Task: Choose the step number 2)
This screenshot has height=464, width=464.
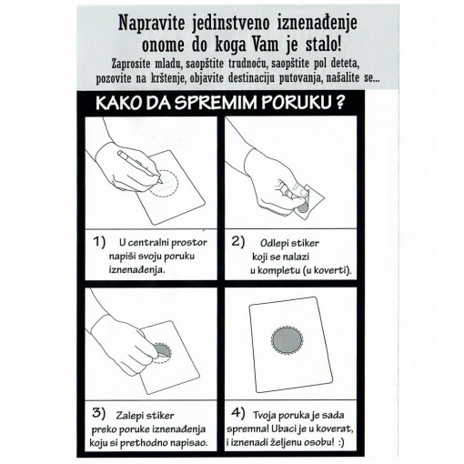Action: [239, 243]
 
